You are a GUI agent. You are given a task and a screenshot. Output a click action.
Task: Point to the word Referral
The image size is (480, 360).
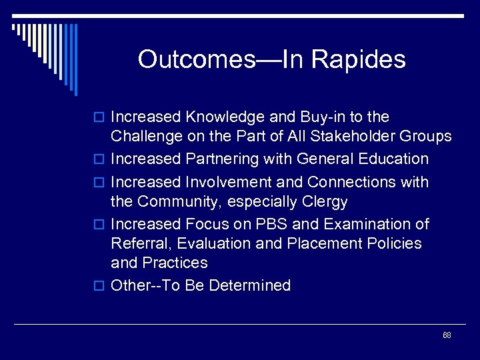(138, 243)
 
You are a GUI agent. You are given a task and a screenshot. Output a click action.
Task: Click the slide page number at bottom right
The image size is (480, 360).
(447, 335)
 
